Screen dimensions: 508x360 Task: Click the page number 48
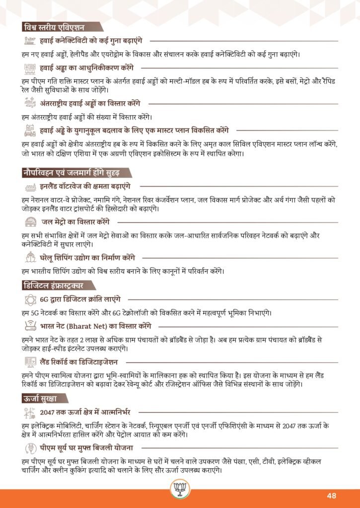pos(332,496)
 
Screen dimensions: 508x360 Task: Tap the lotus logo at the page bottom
pos(179,490)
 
